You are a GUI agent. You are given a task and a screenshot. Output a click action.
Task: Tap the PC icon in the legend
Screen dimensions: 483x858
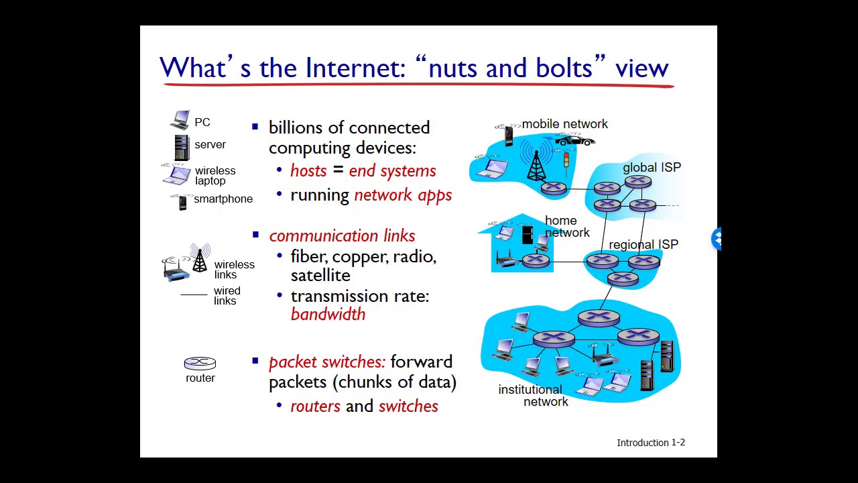point(180,120)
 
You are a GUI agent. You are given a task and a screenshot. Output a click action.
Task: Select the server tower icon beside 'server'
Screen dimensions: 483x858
point(182,148)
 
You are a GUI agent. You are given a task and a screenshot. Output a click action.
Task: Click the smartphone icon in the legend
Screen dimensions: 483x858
point(182,201)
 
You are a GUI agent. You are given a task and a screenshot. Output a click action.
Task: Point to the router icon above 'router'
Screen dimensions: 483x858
point(200,364)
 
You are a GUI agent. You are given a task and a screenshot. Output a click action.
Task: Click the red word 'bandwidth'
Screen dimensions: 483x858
point(328,314)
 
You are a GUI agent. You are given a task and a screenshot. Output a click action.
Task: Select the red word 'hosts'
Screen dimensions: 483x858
point(308,171)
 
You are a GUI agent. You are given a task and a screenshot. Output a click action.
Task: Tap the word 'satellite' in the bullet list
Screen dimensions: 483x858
point(320,276)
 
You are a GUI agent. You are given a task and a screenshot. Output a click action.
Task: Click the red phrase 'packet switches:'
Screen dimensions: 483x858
point(327,362)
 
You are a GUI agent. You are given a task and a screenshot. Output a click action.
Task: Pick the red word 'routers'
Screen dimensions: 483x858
point(315,407)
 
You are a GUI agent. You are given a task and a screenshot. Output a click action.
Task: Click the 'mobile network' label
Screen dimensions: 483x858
point(564,124)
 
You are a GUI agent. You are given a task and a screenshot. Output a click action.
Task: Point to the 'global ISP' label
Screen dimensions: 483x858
point(652,167)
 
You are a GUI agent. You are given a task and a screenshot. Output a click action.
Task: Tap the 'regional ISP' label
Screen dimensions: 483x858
point(643,245)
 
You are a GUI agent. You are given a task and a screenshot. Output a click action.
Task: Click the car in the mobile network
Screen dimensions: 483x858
point(574,140)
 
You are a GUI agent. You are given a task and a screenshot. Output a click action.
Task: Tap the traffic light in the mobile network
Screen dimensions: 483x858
point(566,160)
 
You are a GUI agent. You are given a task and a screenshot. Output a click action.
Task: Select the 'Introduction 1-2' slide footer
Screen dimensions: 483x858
point(650,443)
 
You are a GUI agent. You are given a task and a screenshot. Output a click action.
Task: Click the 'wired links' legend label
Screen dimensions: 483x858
point(227,296)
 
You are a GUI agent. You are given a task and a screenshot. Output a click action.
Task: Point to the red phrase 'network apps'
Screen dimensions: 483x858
point(402,195)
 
